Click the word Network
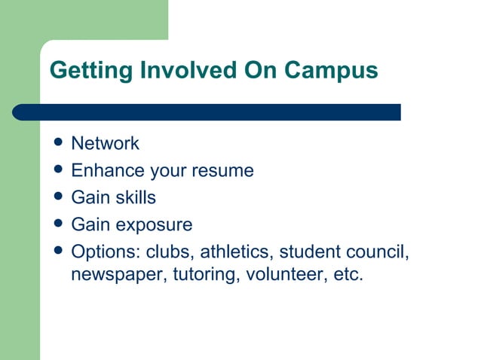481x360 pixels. (x=105, y=143)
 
